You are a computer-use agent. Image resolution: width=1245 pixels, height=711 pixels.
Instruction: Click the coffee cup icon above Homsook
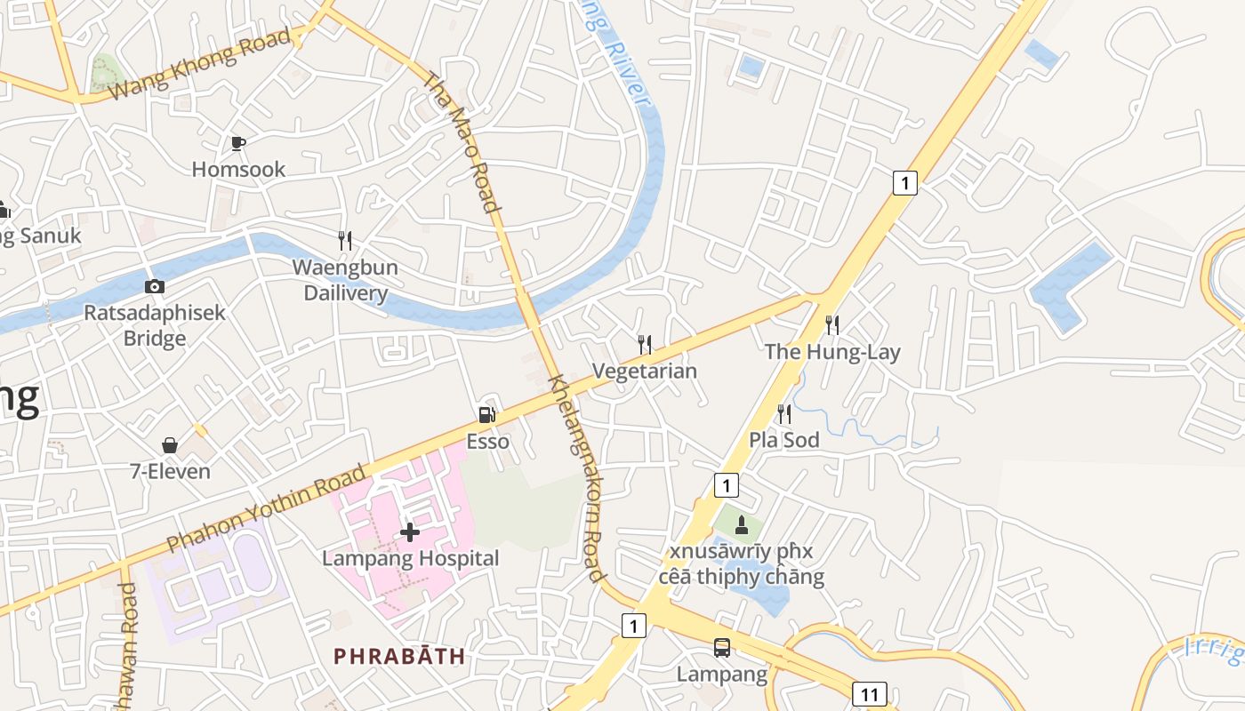pos(237,143)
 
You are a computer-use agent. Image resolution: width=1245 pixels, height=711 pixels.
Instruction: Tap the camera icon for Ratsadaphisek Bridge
pos(155,286)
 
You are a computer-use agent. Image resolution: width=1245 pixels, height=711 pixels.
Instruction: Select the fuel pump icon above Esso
pos(486,414)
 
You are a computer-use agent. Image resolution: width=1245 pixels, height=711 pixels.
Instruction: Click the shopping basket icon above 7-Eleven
pos(170,444)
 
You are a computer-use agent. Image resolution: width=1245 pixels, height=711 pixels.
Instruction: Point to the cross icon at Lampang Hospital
pos(410,531)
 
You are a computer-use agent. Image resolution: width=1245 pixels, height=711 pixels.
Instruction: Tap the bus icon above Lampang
pos(722,648)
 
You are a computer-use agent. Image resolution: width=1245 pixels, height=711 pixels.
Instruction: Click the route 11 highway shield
pos(869,693)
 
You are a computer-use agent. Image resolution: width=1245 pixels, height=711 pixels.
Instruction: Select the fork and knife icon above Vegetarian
pos(645,344)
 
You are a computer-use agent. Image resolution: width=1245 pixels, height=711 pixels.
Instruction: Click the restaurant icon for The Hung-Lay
pos(832,324)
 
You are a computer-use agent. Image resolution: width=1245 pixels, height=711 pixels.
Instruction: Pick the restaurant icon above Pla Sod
pos(783,413)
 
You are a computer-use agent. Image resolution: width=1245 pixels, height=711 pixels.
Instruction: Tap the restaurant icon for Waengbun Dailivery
pos(345,240)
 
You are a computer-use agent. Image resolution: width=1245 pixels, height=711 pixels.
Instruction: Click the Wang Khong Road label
pos(203,63)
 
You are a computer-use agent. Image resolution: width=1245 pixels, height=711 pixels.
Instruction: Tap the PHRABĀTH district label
pos(399,656)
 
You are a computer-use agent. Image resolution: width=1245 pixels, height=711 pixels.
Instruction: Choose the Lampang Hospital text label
pos(410,558)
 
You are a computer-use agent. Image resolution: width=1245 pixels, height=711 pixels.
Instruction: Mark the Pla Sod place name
pos(783,440)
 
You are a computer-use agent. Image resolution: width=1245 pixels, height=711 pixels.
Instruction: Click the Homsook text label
pos(238,169)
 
